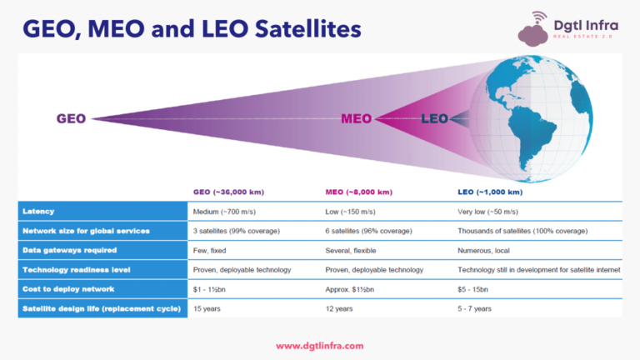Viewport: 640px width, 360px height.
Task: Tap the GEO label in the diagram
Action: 71,118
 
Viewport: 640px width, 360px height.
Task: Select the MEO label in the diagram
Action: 356,118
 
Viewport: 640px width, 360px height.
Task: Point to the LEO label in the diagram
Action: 434,118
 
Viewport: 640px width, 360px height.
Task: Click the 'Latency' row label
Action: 38,212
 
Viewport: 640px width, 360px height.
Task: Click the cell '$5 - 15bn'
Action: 476,288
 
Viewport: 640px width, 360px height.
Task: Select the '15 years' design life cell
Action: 207,307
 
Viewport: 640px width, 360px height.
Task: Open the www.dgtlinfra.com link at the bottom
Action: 319,345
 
